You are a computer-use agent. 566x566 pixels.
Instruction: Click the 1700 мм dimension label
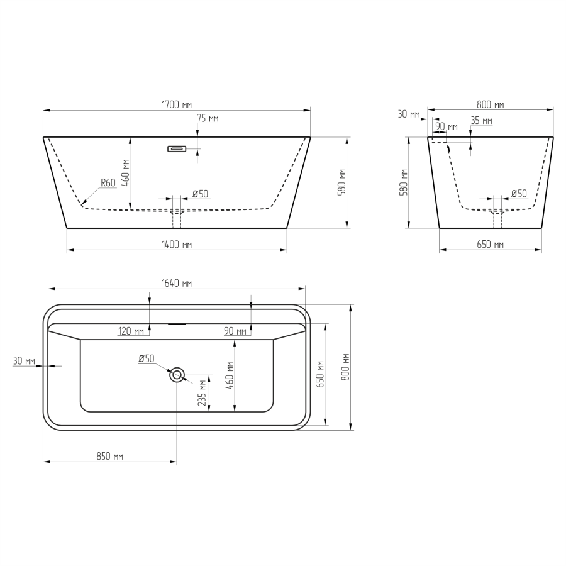click(177, 104)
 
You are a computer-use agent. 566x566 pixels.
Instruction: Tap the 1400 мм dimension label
click(177, 245)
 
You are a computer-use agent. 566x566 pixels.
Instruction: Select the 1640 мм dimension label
click(177, 284)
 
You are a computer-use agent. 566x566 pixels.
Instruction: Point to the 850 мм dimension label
click(109, 457)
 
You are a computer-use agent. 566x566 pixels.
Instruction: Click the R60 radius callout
click(108, 182)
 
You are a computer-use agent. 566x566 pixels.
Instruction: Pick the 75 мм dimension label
click(208, 118)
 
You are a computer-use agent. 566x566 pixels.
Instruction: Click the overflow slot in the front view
click(177, 148)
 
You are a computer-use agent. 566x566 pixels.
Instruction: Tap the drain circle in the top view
click(177, 375)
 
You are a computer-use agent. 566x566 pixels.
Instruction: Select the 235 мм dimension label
click(202, 392)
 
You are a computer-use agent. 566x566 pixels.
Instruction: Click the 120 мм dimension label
click(131, 331)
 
